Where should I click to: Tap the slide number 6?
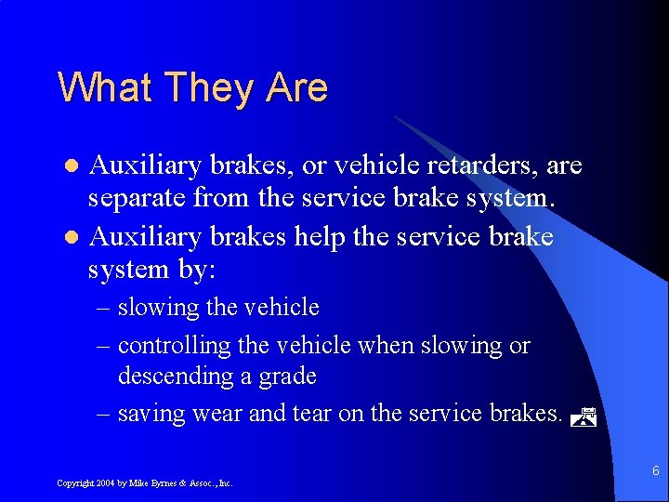[656, 471]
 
